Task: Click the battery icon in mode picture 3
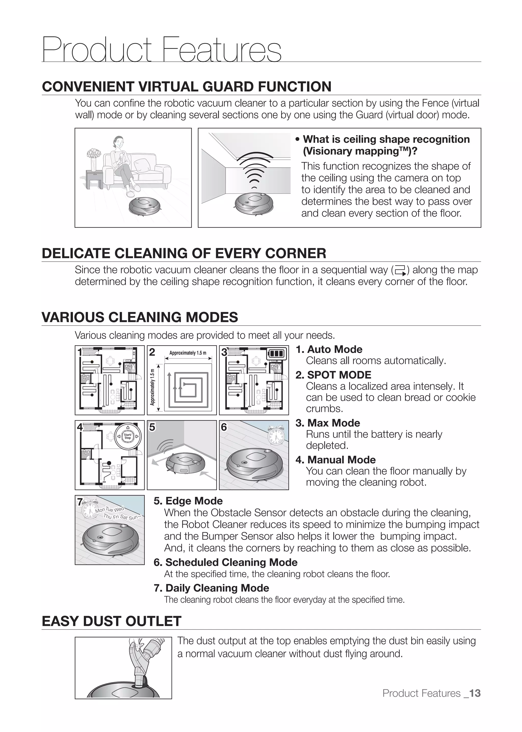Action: click(x=277, y=354)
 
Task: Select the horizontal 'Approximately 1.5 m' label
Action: click(x=188, y=353)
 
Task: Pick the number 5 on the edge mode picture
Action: click(x=152, y=427)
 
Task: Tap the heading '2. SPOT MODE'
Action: click(x=333, y=375)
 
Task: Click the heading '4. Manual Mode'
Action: click(x=336, y=460)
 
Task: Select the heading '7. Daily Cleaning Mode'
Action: click(x=211, y=588)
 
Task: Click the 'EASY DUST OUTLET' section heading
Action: click(x=112, y=621)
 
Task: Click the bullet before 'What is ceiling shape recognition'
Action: click(x=298, y=139)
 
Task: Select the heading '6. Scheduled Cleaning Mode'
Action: click(x=225, y=562)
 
